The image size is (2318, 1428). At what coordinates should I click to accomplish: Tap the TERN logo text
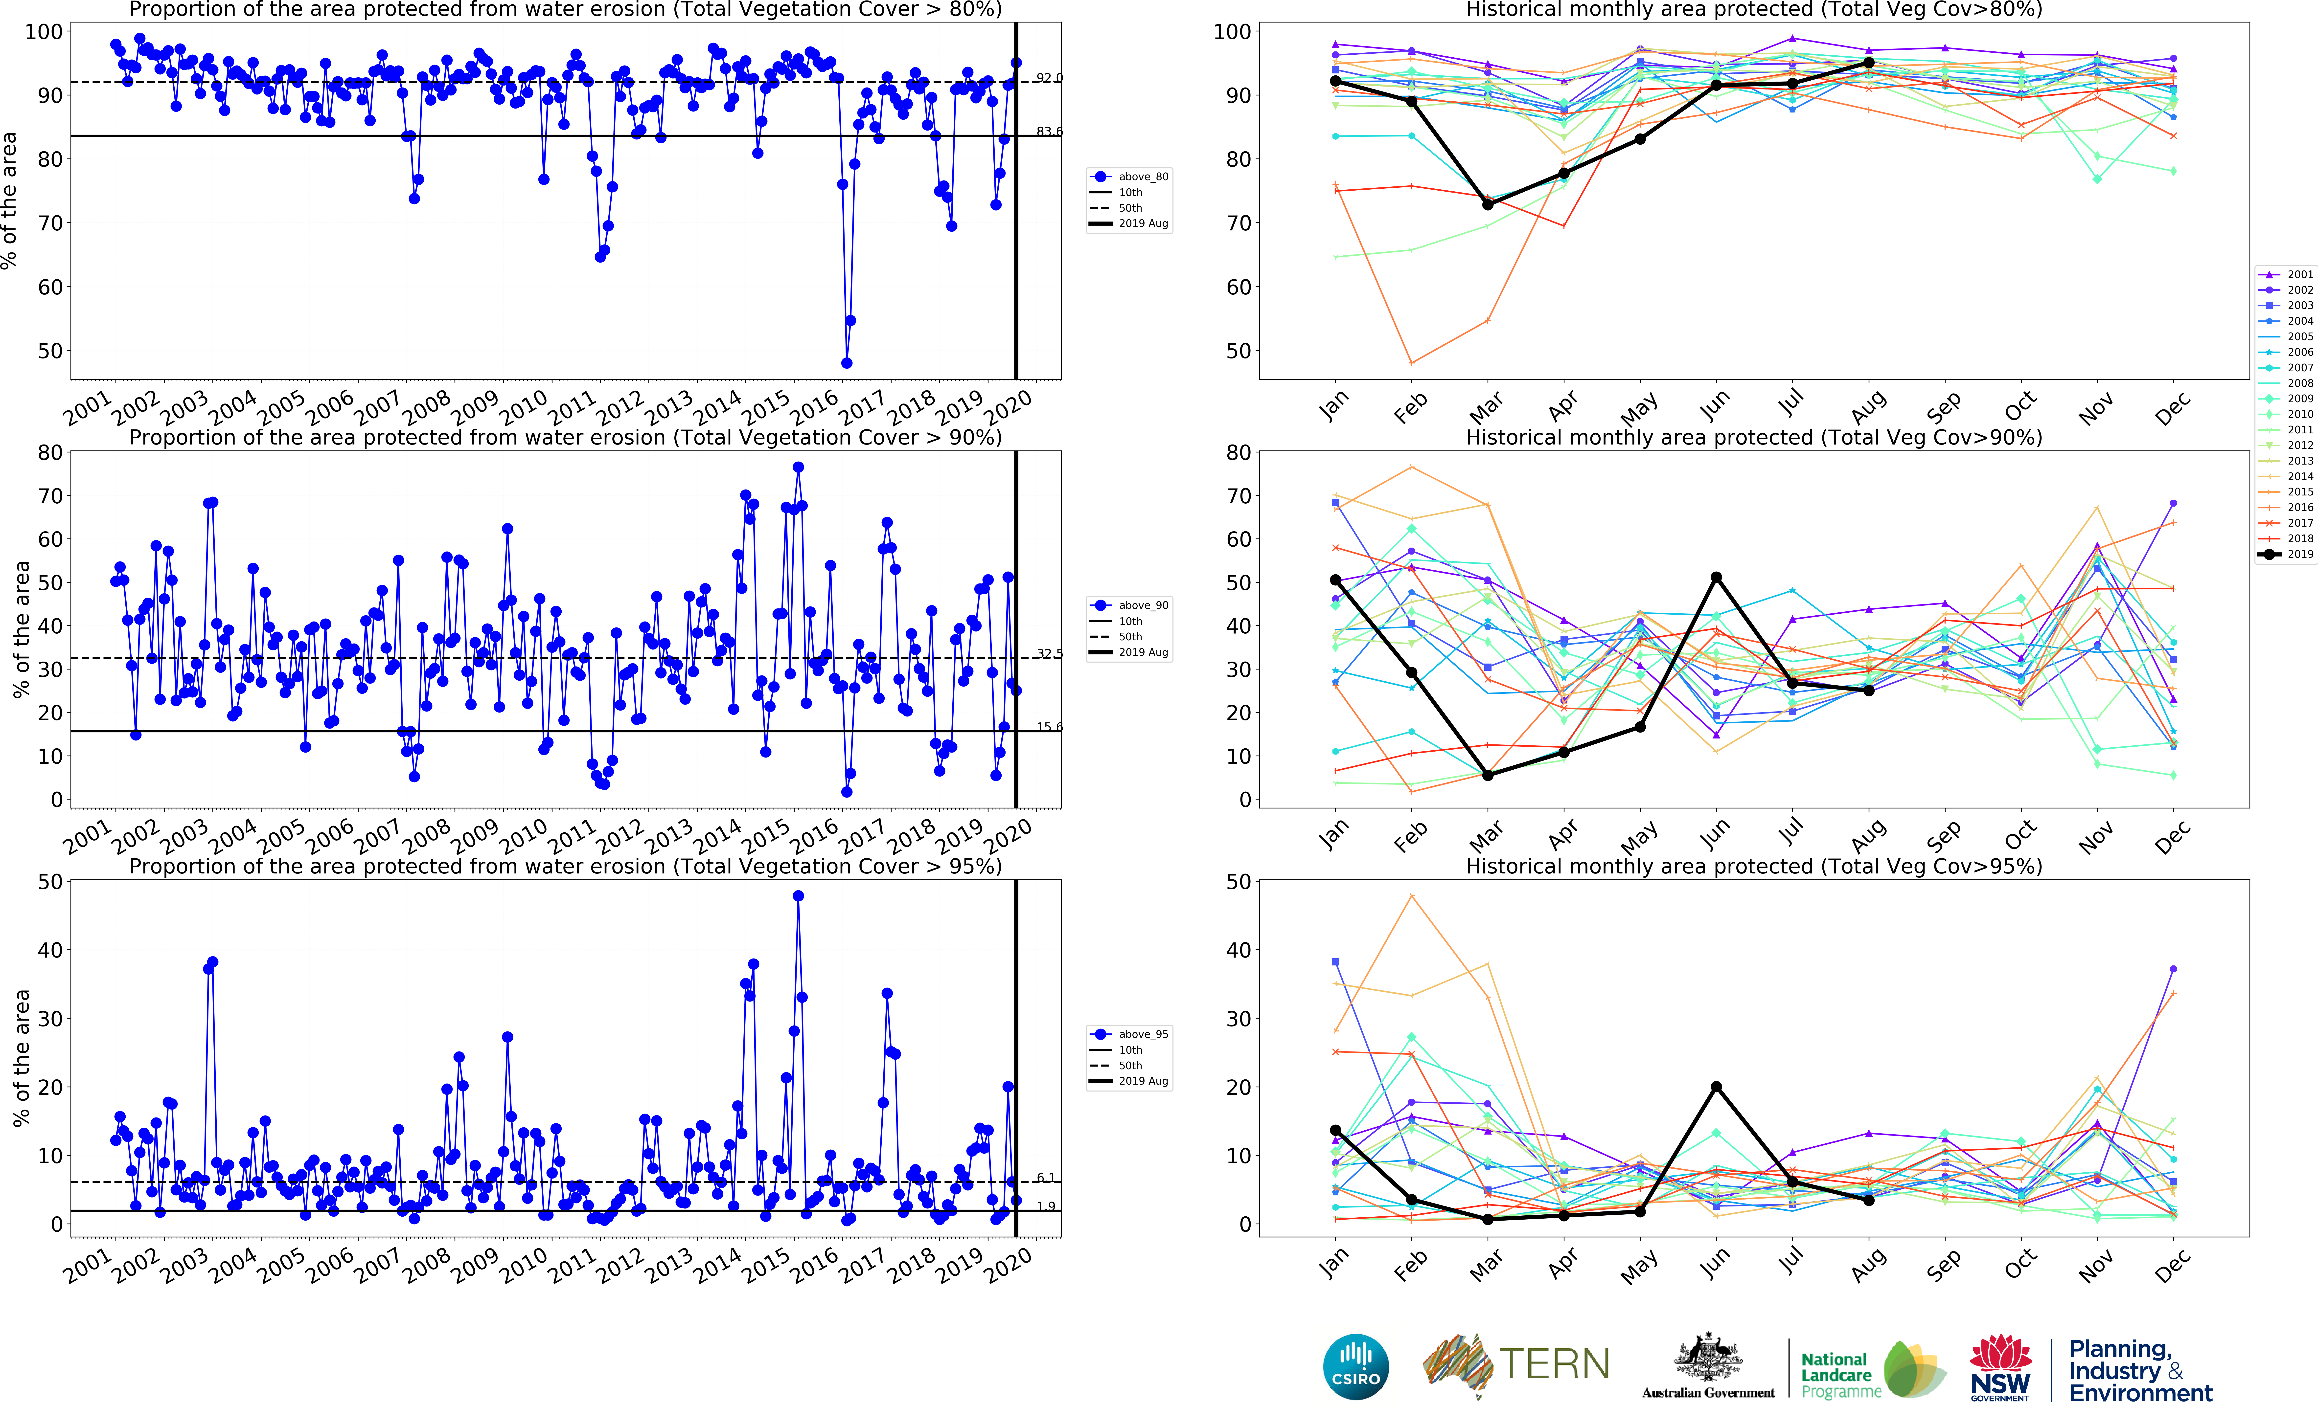(x=1554, y=1365)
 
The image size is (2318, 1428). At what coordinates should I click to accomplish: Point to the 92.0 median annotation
(x=1049, y=77)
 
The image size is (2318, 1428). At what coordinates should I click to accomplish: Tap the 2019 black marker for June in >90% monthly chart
(x=1716, y=577)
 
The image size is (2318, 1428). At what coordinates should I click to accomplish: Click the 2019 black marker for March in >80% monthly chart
(x=1488, y=204)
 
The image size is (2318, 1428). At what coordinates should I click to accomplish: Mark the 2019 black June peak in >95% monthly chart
(x=1716, y=1087)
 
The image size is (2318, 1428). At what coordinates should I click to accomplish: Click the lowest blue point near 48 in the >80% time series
(x=846, y=363)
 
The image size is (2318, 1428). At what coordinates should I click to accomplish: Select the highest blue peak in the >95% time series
(x=798, y=895)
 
